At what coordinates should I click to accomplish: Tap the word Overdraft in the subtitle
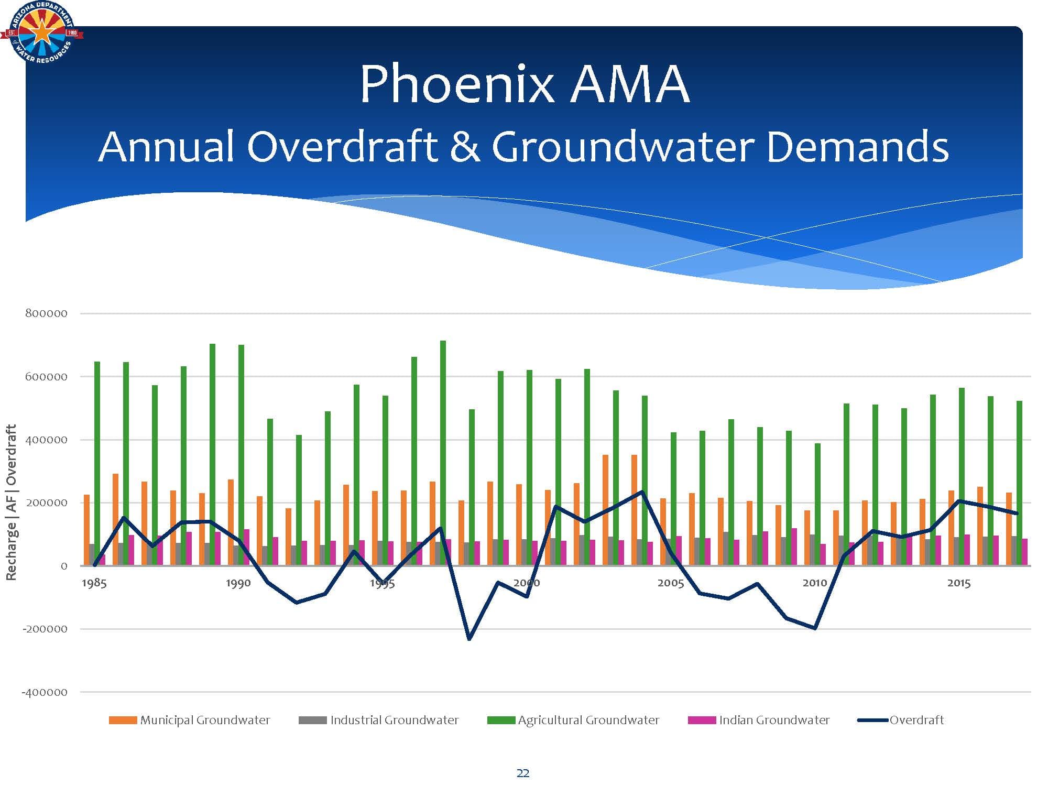pos(342,147)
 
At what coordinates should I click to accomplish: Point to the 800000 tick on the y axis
pos(46,313)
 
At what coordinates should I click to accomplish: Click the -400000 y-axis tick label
pos(45,692)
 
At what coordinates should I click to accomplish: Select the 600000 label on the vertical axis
pos(46,377)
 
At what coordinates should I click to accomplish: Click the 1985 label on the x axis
pos(94,583)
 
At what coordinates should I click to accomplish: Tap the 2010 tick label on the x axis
pos(815,583)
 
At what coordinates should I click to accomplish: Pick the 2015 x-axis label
pos(959,583)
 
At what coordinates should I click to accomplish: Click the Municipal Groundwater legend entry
pos(190,720)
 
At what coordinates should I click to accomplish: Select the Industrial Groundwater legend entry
pos(378,720)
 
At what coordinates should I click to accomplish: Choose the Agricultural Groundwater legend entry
pos(573,720)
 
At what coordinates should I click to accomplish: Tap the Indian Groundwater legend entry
pos(759,720)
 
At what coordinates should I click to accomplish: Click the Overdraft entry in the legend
pos(901,720)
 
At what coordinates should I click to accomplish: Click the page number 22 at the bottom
pos(523,773)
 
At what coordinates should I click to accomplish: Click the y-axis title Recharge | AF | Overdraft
pos(11,502)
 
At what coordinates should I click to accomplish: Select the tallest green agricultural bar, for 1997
pos(443,453)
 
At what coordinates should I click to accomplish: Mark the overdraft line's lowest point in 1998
pos(469,639)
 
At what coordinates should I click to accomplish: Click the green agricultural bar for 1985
pos(97,463)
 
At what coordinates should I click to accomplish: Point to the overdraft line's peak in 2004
pos(642,492)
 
